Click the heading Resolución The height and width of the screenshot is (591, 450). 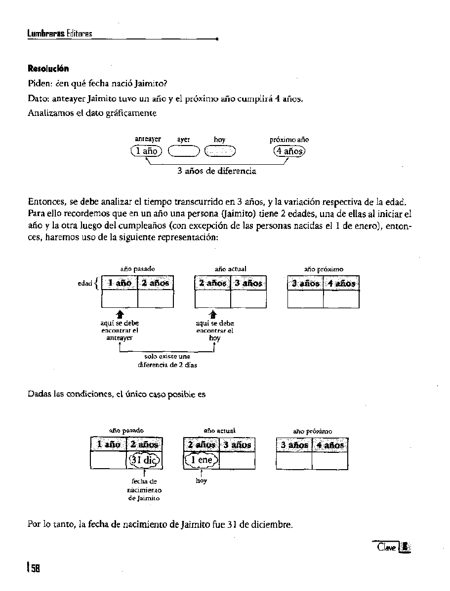tap(48, 68)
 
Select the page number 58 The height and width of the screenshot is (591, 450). tap(35, 568)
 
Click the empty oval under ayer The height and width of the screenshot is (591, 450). tap(183, 151)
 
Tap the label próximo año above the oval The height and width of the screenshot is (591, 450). tap(289, 140)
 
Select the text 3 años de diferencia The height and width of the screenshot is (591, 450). tap(217, 171)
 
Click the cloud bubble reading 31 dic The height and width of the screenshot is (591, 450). tap(145, 460)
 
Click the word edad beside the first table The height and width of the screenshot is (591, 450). tap(85, 284)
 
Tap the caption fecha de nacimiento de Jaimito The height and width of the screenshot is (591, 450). tap(144, 489)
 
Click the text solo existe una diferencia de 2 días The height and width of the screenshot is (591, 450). tap(167, 360)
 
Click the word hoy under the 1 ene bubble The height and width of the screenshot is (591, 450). tap(201, 480)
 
